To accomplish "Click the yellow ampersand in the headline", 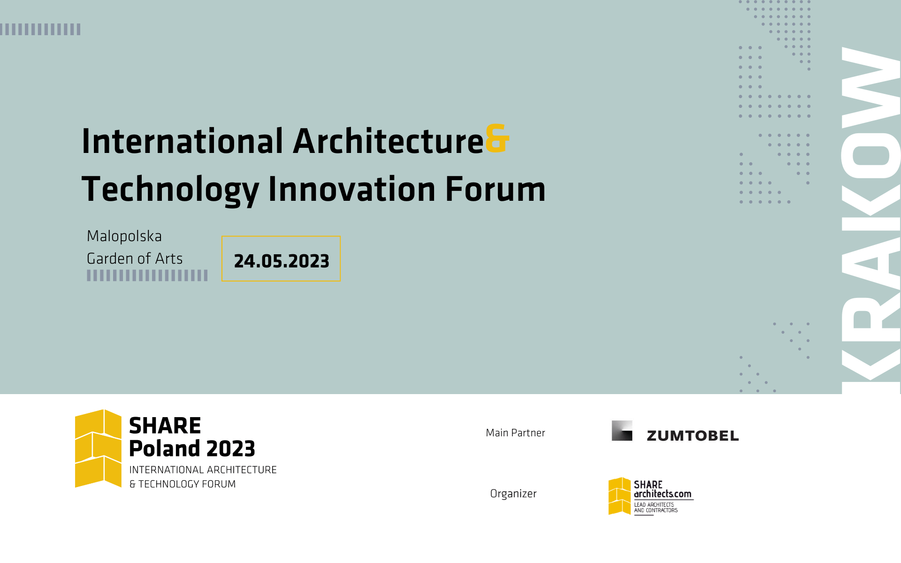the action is pos(497,138).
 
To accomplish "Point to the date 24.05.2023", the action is pos(282,261).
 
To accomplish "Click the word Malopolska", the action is pos(124,236).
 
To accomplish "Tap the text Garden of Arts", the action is pos(135,259).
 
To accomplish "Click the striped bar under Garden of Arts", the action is pos(147,275).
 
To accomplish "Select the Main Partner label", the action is pos(515,433).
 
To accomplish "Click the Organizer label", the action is pos(513,494).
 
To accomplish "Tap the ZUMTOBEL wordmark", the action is pos(693,436).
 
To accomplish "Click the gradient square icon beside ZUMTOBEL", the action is pos(622,431).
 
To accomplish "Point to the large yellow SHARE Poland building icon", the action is pos(98,449).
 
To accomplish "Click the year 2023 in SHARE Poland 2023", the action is pos(230,449).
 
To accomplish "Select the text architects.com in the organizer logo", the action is pos(663,494).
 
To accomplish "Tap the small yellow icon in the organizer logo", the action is pos(619,496).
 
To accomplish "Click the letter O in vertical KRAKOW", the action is pos(871,155).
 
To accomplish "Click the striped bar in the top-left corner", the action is pos(40,29).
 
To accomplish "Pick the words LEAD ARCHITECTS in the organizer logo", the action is pos(654,505).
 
